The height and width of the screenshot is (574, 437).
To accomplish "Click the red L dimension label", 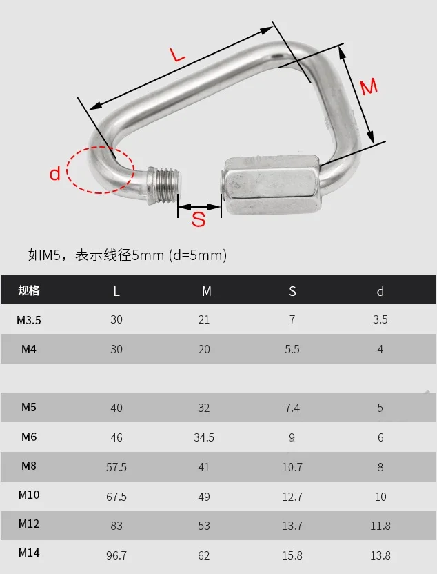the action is [178, 55].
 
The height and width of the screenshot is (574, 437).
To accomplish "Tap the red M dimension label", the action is [369, 87].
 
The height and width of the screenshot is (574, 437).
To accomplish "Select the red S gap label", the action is [199, 219].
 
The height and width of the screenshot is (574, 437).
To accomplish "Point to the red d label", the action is [55, 172].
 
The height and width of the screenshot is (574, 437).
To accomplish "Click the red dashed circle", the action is [101, 170].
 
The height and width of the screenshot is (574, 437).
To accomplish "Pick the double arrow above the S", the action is [199, 207].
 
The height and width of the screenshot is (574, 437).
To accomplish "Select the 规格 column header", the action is [28, 290].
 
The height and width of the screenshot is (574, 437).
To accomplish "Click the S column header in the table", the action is [292, 291].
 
